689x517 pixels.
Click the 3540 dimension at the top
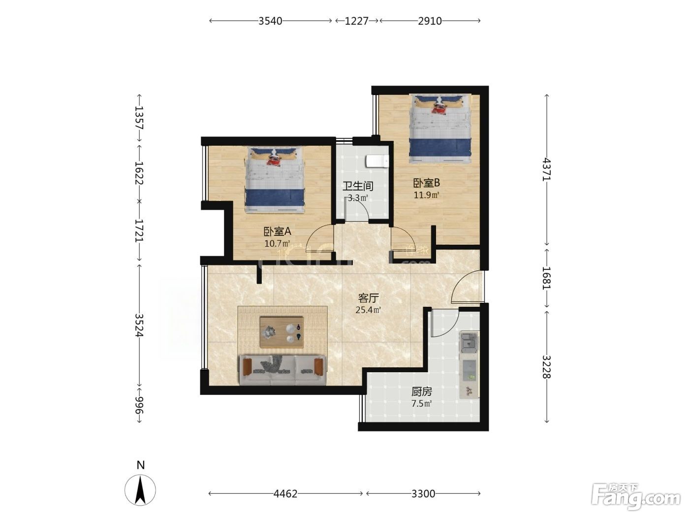click(270, 21)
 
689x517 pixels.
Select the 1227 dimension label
click(357, 21)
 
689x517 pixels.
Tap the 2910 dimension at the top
click(430, 21)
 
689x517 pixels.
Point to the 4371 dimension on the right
click(546, 169)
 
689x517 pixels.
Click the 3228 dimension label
click(546, 367)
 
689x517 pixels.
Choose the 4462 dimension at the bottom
click(285, 494)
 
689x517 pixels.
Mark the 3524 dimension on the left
click(139, 325)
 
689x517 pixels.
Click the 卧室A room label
click(277, 231)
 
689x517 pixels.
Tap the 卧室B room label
click(426, 183)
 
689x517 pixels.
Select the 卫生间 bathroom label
click(357, 186)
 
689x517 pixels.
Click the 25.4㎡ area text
click(368, 310)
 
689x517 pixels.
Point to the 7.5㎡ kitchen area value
click(422, 403)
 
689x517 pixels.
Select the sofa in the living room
click(282, 370)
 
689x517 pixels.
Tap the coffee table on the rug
click(282, 332)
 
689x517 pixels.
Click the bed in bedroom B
click(440, 129)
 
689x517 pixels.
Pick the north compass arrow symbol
click(140, 490)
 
